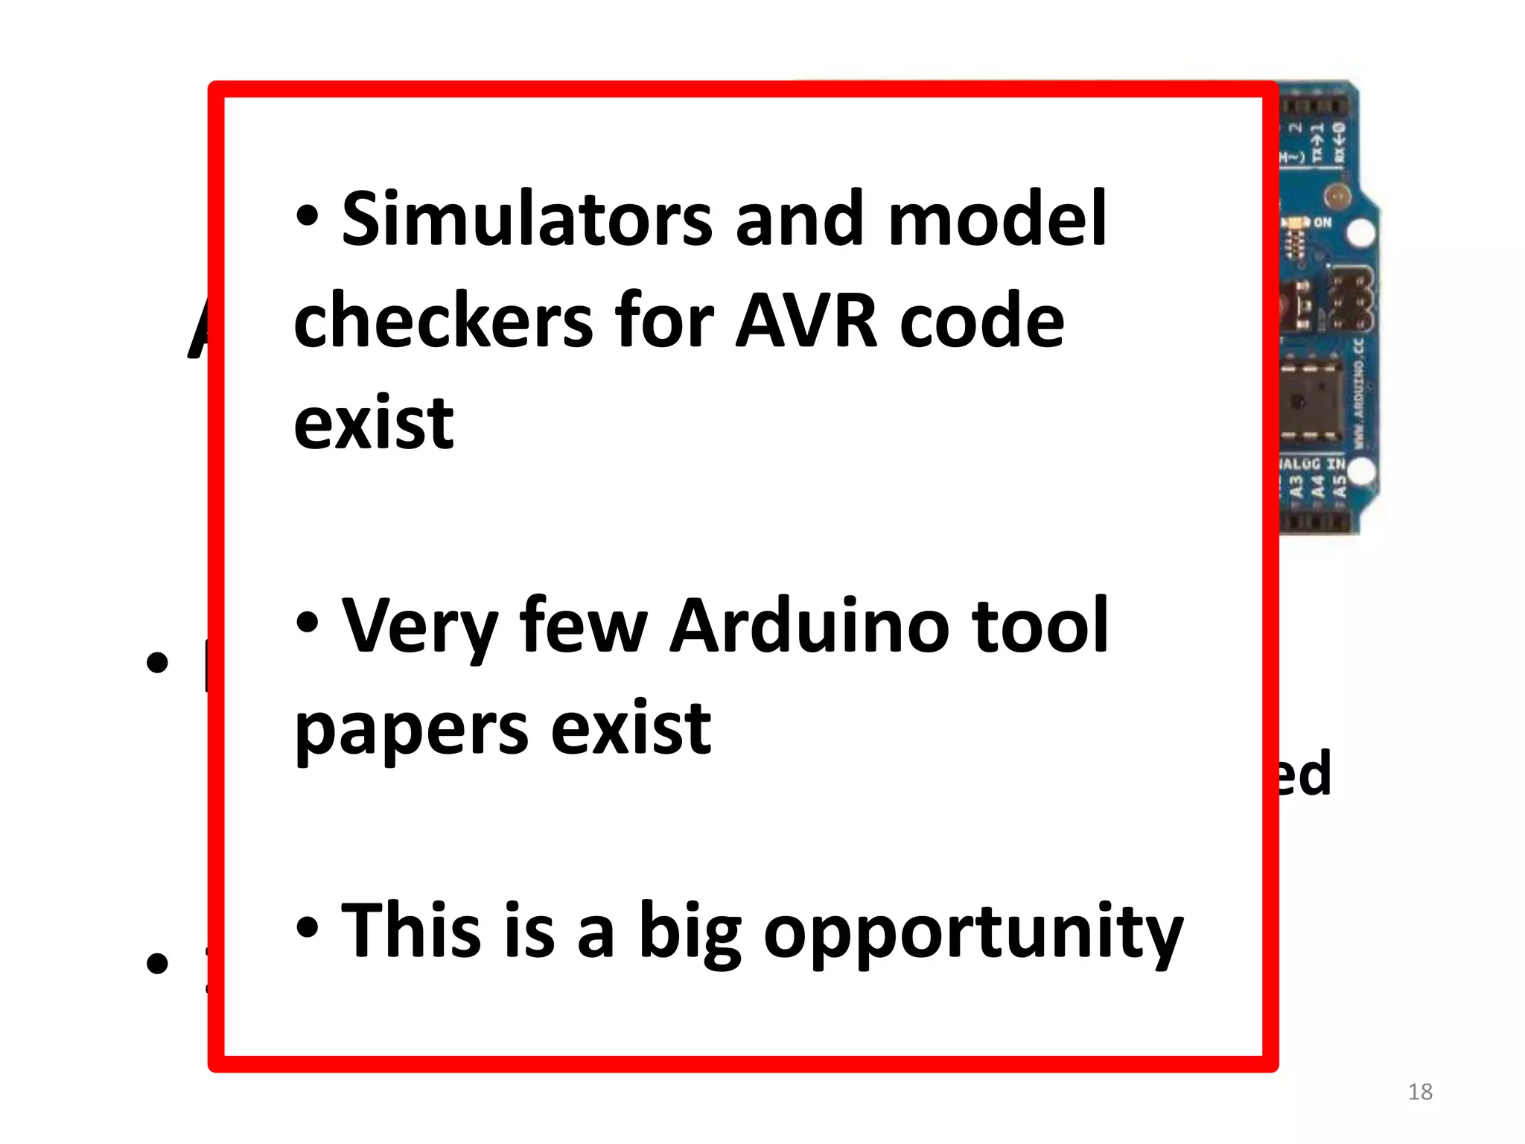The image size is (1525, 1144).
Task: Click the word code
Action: click(982, 321)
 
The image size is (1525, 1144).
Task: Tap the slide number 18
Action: click(1420, 1092)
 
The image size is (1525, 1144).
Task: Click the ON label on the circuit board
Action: click(1322, 222)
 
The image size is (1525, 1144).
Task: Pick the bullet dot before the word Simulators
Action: click(307, 216)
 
